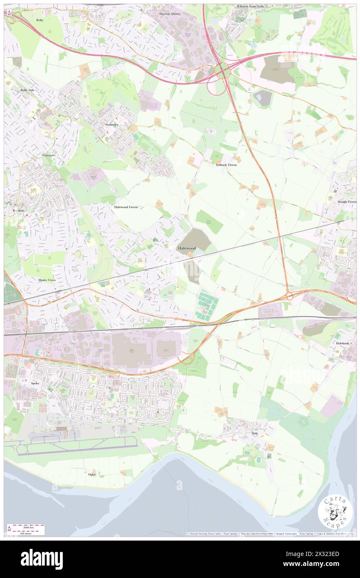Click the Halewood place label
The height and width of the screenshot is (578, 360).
pyautogui.click(x=187, y=248)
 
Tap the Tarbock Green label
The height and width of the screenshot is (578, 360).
pyautogui.click(x=226, y=165)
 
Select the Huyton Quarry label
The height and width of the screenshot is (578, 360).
pyautogui.click(x=170, y=13)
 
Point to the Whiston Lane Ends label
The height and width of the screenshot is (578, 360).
pyautogui.click(x=250, y=7)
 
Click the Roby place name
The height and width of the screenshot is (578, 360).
pyautogui.click(x=40, y=20)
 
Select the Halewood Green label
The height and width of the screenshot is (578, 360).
pyautogui.click(x=126, y=207)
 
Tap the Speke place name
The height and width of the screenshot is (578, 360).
pyautogui.click(x=35, y=383)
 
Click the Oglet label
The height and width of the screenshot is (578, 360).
pyautogui.click(x=92, y=474)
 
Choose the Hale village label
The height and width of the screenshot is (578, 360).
pyautogui.click(x=255, y=433)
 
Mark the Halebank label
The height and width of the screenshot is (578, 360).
pyautogui.click(x=345, y=344)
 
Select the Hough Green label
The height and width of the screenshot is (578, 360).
pyautogui.click(x=347, y=202)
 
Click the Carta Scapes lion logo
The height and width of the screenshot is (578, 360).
pyautogui.click(x=335, y=511)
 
